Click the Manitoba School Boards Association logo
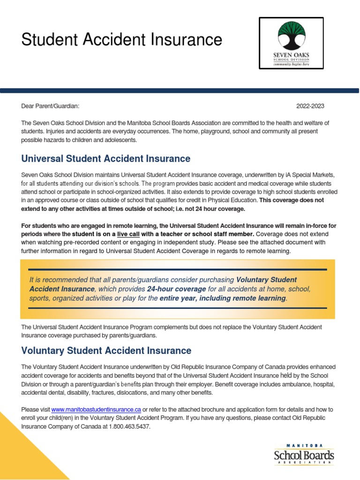point(304,454)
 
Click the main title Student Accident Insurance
point(121,40)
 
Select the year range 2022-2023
point(310,106)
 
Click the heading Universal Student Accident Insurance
point(105,158)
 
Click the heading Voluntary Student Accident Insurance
point(106,351)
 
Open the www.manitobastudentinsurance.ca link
point(96,409)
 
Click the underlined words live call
point(128,234)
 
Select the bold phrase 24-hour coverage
point(176,289)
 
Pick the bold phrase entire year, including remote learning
point(222,299)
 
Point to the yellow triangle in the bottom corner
point(23,450)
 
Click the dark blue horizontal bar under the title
point(180,90)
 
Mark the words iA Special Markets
point(310,175)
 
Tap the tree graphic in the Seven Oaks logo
point(291,36)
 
